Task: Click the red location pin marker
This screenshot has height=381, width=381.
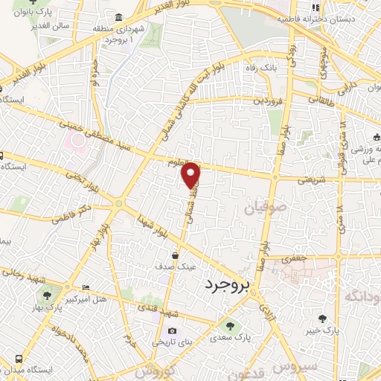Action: (192, 175)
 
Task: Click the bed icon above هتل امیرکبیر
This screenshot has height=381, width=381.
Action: (85, 287)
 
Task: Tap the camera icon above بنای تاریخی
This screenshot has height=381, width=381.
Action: (173, 331)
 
